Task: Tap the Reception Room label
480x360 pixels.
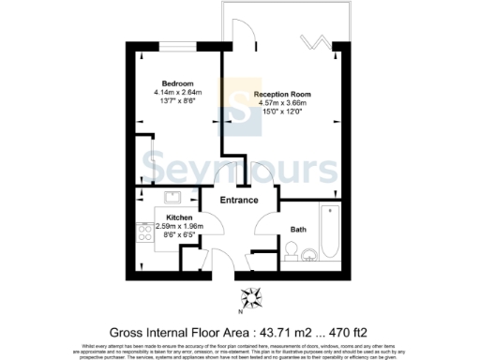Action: click(284, 96)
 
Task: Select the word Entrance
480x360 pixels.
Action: click(238, 201)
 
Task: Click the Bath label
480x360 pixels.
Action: click(298, 230)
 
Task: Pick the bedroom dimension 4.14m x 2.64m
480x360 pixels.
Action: click(178, 93)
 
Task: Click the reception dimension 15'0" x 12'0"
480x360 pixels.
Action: click(283, 112)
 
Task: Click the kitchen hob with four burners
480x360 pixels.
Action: click(145, 232)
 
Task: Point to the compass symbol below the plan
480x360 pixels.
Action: click(253, 298)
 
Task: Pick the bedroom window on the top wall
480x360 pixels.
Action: click(177, 45)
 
